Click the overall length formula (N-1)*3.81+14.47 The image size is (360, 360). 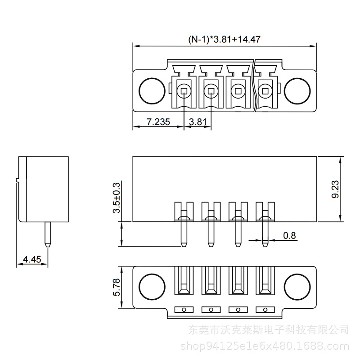(224, 39)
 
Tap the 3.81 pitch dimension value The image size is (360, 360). (198, 122)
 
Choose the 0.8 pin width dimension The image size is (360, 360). (290, 235)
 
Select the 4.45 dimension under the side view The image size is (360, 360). (32, 259)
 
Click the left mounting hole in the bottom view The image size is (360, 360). (151, 286)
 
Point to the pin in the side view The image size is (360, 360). (48, 234)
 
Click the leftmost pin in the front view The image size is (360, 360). (184, 232)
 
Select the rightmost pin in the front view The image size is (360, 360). (265, 232)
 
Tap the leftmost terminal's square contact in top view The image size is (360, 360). (184, 91)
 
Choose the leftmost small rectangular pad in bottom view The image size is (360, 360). (184, 310)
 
